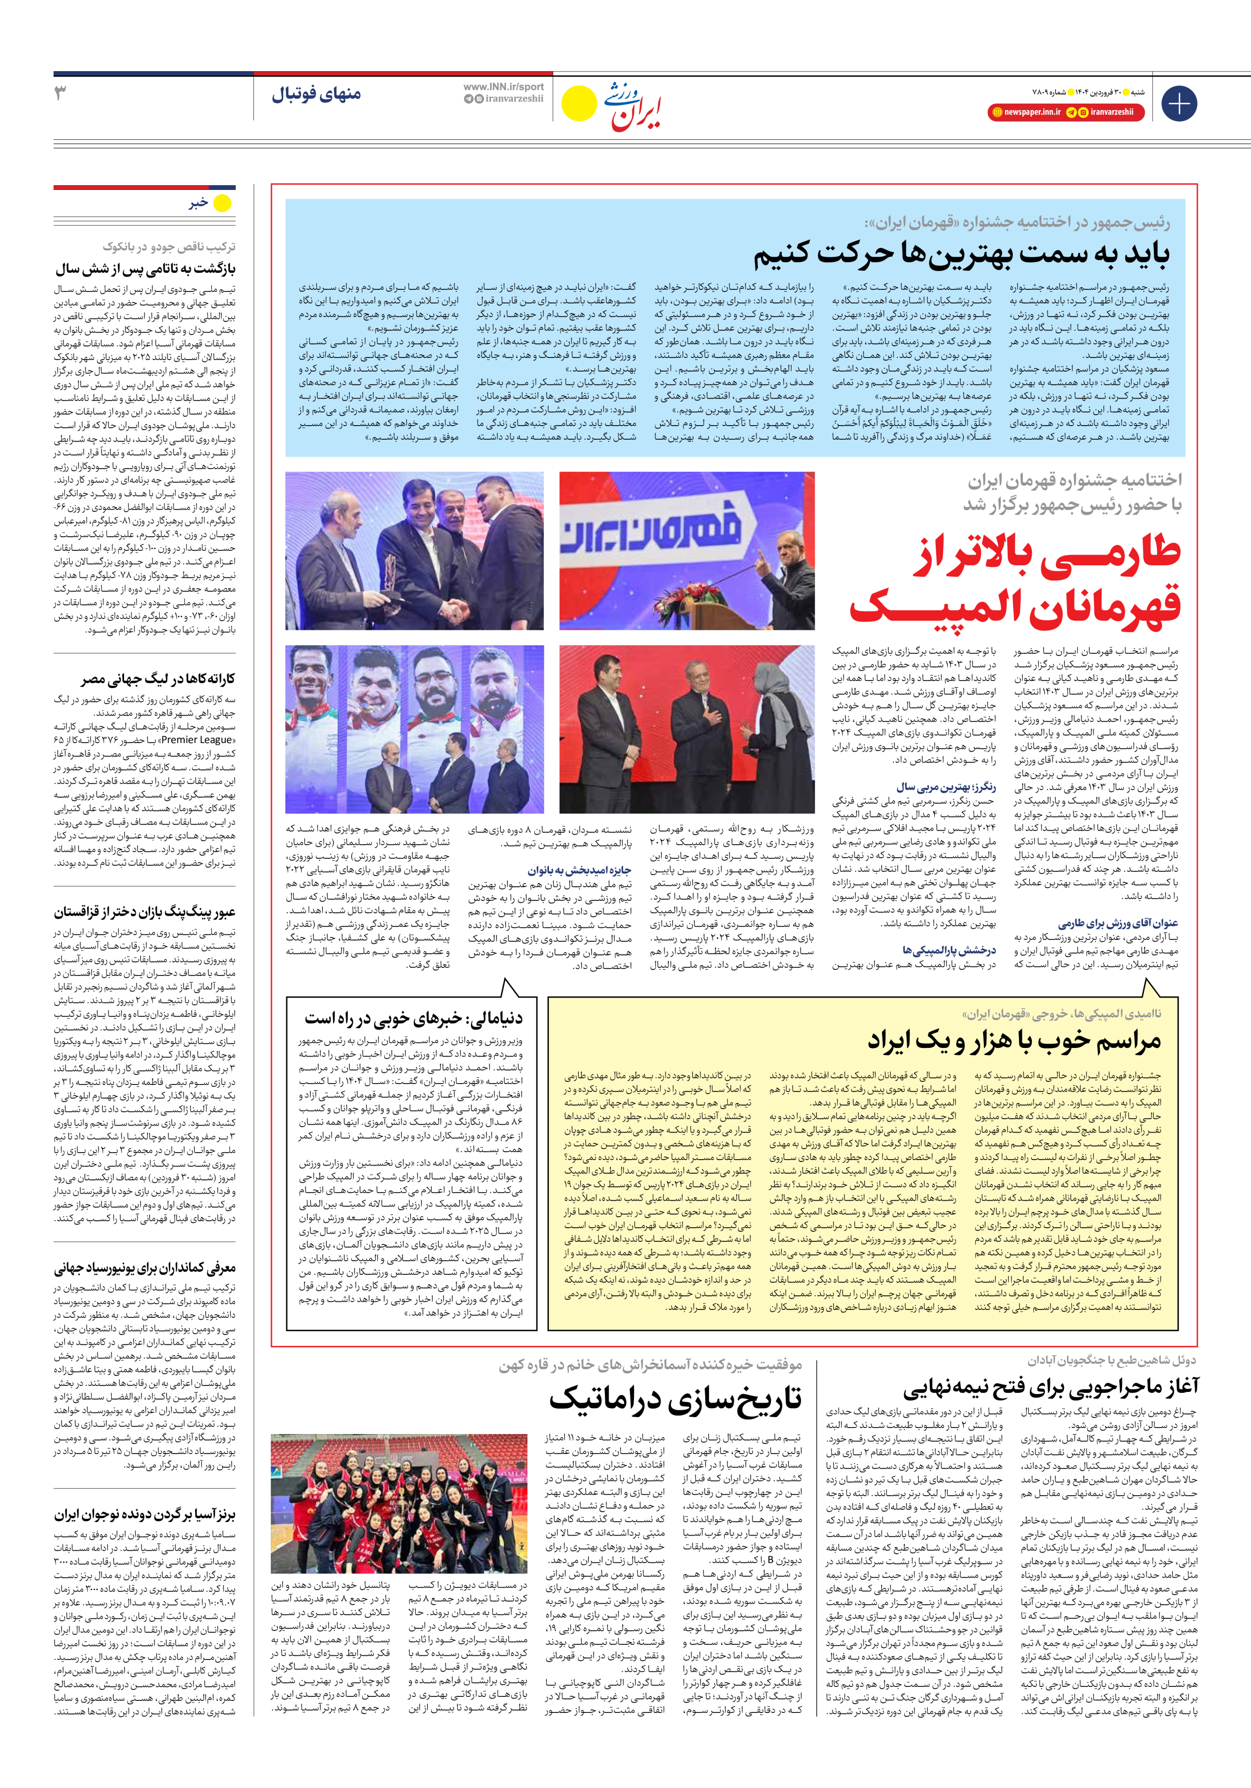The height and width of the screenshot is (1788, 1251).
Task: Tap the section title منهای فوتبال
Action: [x=316, y=94]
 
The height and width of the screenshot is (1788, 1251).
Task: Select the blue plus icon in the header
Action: [x=1178, y=104]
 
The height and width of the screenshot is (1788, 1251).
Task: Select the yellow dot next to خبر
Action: [x=223, y=203]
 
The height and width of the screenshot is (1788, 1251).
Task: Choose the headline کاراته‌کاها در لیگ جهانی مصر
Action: [x=157, y=679]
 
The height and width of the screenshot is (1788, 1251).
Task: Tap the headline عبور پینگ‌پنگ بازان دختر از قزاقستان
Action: [x=145, y=912]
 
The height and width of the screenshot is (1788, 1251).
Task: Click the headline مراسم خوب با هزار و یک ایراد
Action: [x=1014, y=1040]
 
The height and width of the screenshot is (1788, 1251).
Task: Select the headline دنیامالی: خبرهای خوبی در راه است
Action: [x=413, y=1018]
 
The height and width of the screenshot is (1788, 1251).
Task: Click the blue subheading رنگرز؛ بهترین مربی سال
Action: [x=945, y=787]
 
